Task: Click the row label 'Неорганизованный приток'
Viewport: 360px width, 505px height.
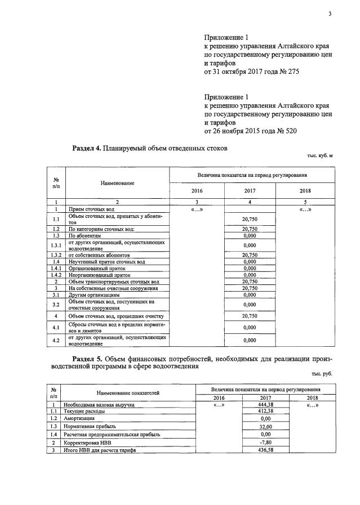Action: tap(99, 275)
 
